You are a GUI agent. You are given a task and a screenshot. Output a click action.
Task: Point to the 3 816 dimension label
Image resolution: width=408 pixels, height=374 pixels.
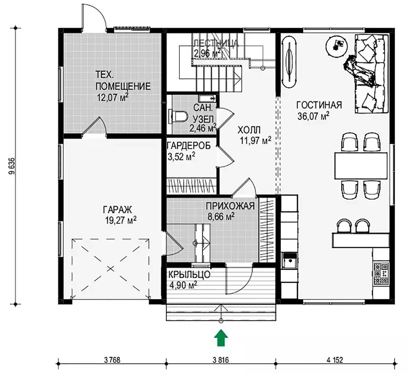click(x=221, y=360)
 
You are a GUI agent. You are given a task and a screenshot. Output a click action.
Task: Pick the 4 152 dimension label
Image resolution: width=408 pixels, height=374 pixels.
click(x=335, y=360)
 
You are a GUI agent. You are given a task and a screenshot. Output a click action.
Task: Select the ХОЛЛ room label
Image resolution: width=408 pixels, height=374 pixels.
click(x=249, y=130)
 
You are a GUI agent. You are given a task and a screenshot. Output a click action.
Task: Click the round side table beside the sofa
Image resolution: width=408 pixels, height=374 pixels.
click(x=337, y=45)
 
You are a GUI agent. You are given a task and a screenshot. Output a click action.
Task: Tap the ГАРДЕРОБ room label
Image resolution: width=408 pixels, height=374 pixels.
click(x=189, y=145)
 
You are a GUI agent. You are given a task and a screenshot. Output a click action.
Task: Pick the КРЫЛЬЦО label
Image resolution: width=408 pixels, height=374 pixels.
click(x=189, y=275)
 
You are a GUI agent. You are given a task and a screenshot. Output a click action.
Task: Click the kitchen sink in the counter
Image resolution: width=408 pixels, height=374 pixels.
click(x=289, y=260)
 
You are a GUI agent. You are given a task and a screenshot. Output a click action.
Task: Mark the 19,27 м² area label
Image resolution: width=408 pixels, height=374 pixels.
click(x=121, y=220)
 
